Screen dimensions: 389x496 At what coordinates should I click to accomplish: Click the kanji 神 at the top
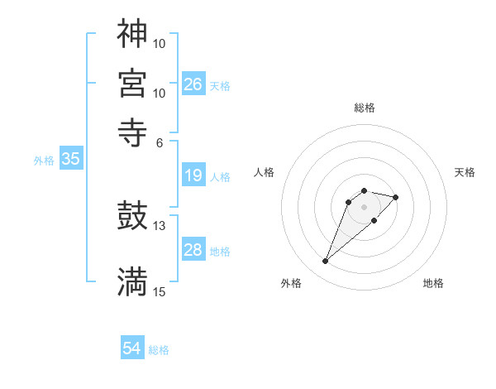click(x=132, y=34)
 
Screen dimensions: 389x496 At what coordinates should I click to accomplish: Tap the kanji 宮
click(x=132, y=83)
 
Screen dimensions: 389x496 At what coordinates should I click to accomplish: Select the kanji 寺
click(x=132, y=131)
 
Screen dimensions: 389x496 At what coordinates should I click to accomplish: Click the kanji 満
click(x=132, y=281)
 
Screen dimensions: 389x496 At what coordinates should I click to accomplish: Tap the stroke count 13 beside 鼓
click(x=160, y=225)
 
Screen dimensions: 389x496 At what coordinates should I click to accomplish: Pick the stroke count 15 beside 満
click(x=160, y=291)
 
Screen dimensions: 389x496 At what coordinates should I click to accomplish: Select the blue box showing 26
click(x=193, y=84)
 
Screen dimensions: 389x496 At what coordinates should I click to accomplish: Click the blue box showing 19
click(x=193, y=175)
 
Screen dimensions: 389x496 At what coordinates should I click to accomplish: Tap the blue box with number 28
click(x=193, y=250)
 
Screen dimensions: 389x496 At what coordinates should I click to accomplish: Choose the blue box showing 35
click(x=70, y=160)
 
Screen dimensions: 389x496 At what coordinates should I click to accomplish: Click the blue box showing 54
click(x=131, y=349)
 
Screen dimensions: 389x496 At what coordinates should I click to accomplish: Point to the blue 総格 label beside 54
click(x=159, y=350)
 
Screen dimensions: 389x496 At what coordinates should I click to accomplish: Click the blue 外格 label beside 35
click(x=44, y=161)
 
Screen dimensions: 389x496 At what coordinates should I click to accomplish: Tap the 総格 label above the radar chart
click(x=364, y=108)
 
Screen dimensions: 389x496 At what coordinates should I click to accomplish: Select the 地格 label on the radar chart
click(x=433, y=284)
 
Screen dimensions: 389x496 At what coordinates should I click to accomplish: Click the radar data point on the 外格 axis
click(x=326, y=262)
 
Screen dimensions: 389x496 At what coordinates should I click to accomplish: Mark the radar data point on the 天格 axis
click(x=396, y=197)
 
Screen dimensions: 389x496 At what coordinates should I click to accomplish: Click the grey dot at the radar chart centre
click(x=364, y=207)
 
